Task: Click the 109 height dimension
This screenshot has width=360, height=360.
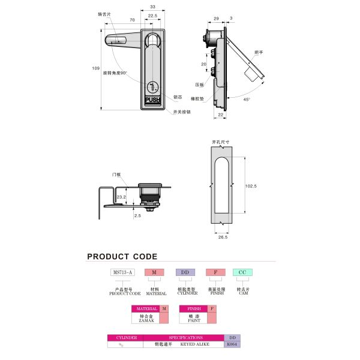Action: point(95,69)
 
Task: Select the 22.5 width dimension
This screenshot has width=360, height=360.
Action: point(152,16)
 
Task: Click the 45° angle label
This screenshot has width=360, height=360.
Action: point(247,100)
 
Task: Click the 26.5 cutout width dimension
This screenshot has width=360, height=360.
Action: point(223,237)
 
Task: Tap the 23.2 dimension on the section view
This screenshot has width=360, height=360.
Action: point(121,196)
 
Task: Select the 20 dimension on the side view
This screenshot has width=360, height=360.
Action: point(203,64)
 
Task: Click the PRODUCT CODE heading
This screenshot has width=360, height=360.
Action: point(122,256)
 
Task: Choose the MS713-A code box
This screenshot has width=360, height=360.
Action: point(124,272)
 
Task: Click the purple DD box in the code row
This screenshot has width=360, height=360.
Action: point(185,272)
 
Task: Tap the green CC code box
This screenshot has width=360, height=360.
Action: point(242,272)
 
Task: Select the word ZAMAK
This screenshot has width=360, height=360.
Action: point(146,321)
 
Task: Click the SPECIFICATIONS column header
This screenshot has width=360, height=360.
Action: point(185,338)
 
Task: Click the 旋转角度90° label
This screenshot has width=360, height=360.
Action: point(115,73)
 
